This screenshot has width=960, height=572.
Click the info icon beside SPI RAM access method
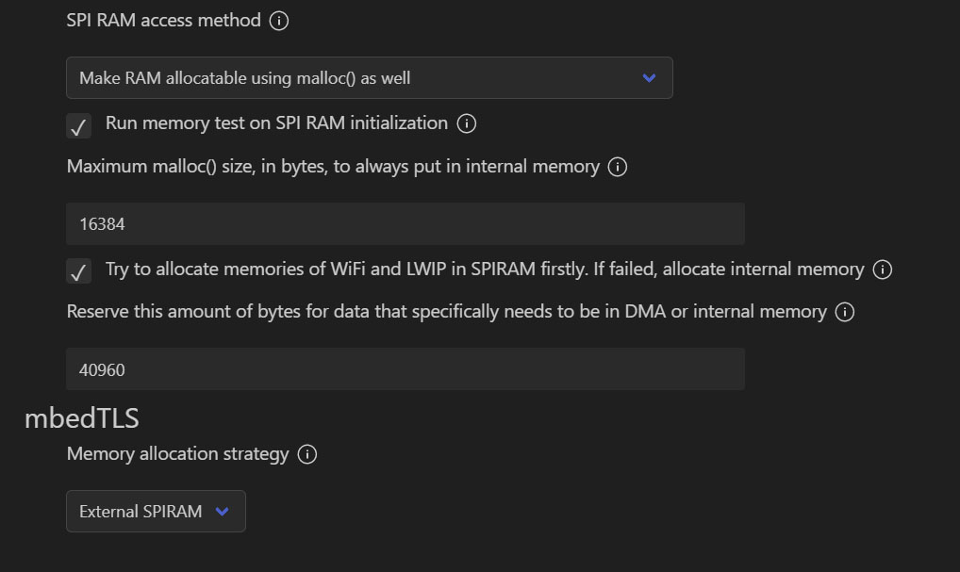tap(279, 21)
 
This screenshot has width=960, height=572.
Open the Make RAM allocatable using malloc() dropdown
tap(369, 78)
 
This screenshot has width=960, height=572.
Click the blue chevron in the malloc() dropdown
tap(649, 78)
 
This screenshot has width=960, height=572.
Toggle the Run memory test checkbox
tap(79, 125)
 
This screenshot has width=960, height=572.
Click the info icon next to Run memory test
tap(466, 123)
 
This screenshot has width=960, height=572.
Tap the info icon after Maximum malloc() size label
tap(618, 168)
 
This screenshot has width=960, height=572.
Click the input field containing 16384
tap(405, 224)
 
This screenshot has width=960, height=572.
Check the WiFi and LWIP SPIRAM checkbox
tap(79, 271)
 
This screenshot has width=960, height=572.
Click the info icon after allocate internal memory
tap(883, 270)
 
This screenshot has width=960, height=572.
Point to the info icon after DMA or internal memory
tap(845, 312)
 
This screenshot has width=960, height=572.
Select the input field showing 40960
tap(405, 369)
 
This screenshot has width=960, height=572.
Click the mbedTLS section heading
tap(82, 417)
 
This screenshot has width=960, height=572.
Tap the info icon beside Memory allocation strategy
tap(306, 455)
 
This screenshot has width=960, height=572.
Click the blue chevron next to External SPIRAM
tap(223, 512)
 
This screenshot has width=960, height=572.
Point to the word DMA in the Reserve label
tap(645, 312)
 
